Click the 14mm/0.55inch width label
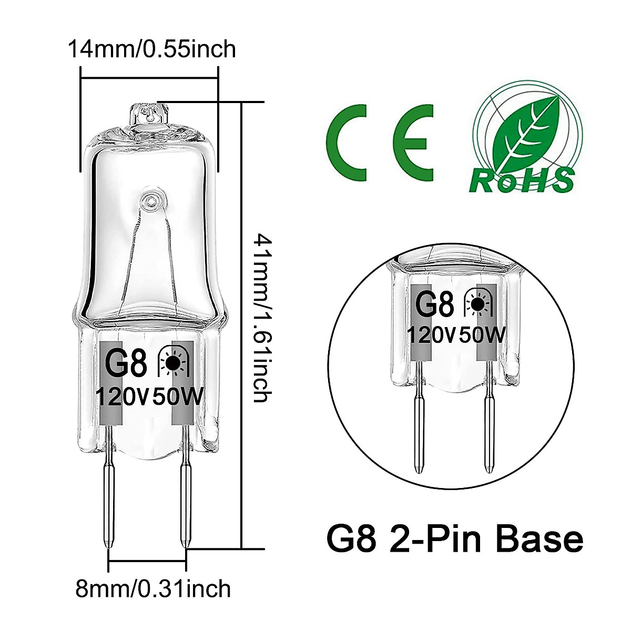point(151,49)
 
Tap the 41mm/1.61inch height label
point(261,318)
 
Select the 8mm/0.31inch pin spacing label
point(153,588)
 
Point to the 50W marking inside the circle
point(482,334)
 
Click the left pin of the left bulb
point(109,500)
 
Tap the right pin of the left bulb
point(185,500)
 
